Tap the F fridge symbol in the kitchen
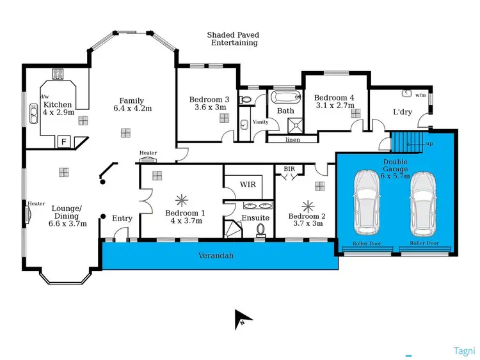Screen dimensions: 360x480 coord(63,142)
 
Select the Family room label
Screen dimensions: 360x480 coord(131,104)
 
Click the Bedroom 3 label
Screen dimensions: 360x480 coord(209,103)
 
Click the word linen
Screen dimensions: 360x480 coord(292,139)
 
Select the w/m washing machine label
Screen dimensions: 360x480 coord(420,95)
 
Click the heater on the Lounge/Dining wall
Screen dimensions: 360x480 coord(29,213)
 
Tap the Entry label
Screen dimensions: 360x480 coord(122,219)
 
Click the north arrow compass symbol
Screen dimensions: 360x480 coord(243,318)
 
